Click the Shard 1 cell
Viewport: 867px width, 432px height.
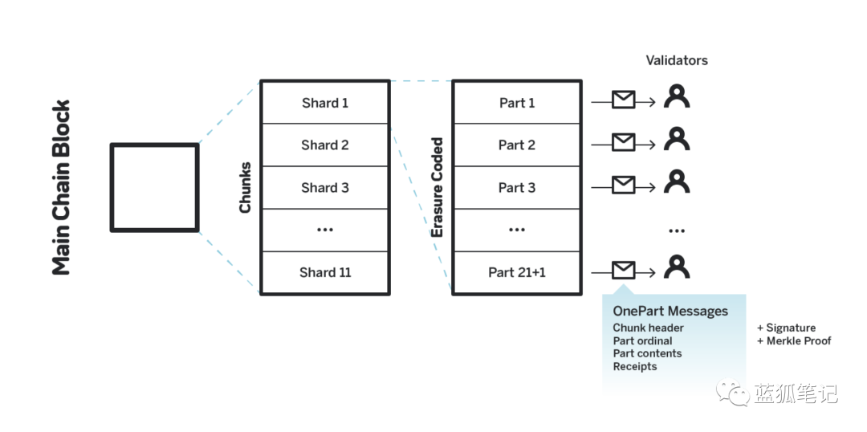(325, 102)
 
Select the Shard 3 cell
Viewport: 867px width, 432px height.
(325, 188)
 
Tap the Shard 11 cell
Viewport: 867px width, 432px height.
(325, 272)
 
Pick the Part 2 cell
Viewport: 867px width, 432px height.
(517, 145)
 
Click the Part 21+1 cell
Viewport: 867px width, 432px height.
(517, 272)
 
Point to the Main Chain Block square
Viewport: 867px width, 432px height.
(155, 188)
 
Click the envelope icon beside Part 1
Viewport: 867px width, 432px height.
(623, 100)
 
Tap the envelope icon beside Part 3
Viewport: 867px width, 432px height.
(623, 184)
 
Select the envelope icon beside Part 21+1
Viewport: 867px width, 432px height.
(623, 270)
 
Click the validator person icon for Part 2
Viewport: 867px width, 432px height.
(677, 139)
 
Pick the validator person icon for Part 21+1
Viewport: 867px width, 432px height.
(677, 267)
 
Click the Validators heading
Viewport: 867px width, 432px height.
(677, 60)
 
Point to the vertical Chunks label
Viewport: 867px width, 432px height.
(245, 188)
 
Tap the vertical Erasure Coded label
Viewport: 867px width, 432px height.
(438, 188)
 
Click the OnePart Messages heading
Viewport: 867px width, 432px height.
(670, 311)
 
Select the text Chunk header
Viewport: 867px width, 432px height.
(648, 328)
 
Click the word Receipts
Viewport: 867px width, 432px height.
(635, 366)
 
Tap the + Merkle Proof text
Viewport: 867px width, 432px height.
(794, 340)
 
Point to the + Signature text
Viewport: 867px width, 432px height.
(786, 328)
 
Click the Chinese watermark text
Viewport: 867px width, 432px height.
(795, 393)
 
